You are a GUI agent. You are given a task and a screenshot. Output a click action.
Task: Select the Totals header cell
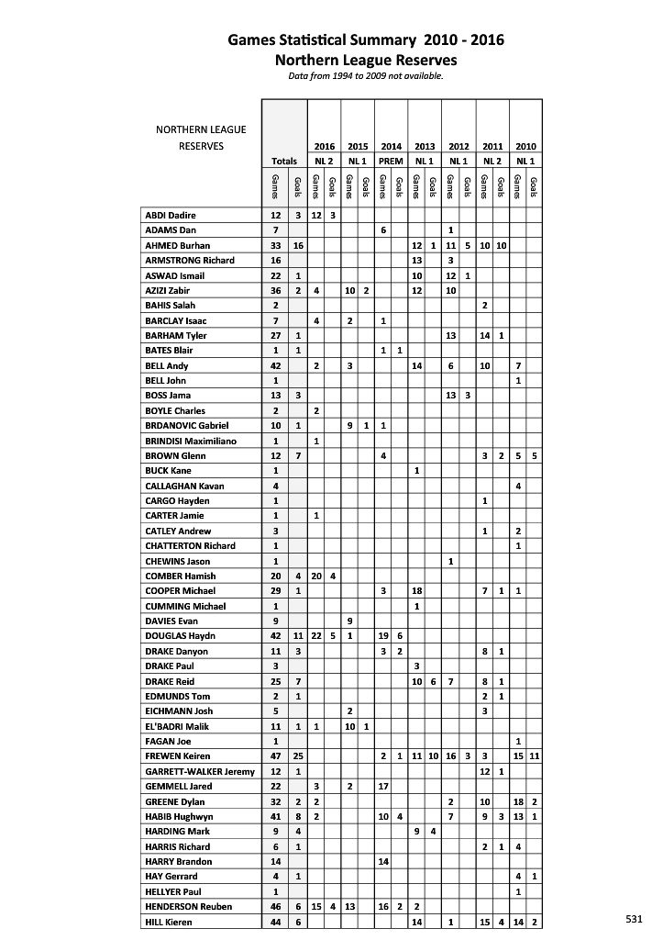click(284, 161)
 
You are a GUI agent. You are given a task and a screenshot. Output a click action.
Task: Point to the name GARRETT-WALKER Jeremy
click(200, 771)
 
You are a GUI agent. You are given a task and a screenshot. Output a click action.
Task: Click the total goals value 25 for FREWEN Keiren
click(297, 756)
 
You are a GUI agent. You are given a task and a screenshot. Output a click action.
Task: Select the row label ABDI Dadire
click(171, 215)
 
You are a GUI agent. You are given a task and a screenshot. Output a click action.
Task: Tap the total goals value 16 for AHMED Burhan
click(297, 245)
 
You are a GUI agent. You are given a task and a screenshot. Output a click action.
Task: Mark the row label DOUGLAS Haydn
click(172, 636)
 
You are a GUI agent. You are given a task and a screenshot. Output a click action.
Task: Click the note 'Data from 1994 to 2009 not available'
click(366, 76)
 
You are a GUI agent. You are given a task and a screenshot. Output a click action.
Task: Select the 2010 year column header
click(526, 146)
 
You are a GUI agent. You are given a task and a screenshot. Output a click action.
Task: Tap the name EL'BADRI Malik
click(171, 726)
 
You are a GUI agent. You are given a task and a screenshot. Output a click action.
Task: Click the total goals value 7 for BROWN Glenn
click(297, 455)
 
